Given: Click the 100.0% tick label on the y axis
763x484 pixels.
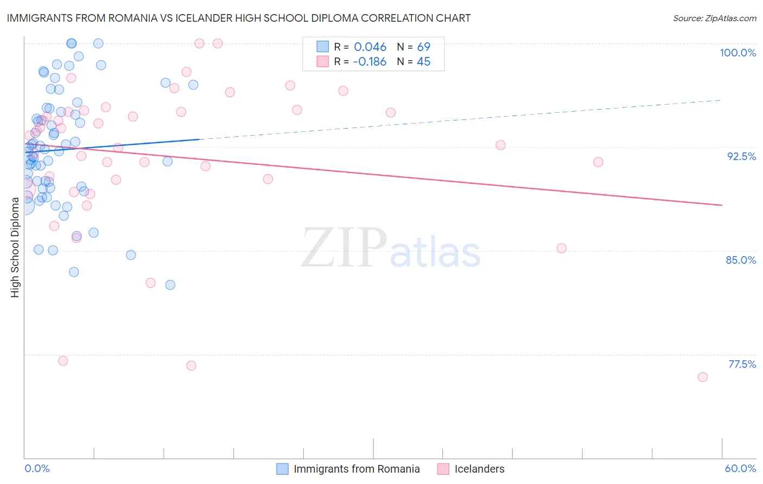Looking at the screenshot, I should point(737,53).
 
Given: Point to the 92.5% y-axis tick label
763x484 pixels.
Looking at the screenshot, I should point(741,156).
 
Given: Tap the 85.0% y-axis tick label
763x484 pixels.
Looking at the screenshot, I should point(741,260).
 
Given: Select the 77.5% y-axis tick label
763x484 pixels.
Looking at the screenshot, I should point(741,364).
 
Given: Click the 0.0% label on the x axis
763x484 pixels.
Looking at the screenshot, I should point(37,468).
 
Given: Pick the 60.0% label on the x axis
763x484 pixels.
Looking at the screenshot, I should point(740,468).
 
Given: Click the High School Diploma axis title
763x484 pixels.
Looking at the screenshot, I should point(15,247).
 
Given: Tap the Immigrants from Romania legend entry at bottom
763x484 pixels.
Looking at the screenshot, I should point(357,469).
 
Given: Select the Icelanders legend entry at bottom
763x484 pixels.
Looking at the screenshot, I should point(479,469).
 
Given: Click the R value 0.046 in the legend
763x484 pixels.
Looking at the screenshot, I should point(370,47).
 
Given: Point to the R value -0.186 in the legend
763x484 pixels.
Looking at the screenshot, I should point(370,62).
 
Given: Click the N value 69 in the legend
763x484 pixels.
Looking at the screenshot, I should point(423,47).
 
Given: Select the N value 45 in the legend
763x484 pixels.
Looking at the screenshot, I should point(423,62).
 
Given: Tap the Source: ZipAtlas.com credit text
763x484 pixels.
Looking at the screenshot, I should point(714,18).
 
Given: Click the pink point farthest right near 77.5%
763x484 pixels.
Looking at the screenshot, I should point(703,377).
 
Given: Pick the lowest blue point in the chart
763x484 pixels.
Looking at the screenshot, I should point(170,285).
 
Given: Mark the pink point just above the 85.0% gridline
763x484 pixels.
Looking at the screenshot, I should point(562,248).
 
